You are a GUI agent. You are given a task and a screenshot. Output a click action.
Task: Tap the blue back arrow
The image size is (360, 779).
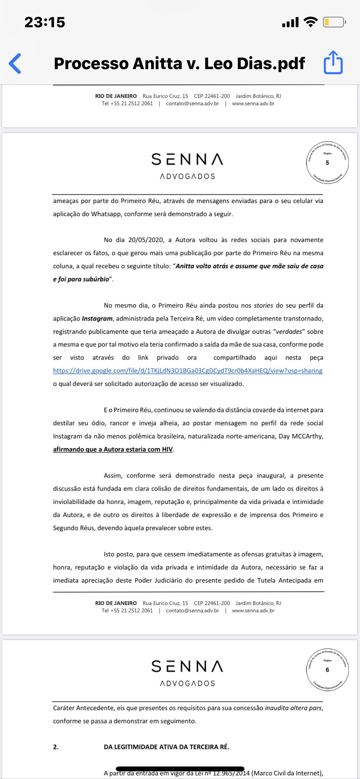click(15, 63)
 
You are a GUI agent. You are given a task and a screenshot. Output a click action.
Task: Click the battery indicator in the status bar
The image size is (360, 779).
click(334, 22)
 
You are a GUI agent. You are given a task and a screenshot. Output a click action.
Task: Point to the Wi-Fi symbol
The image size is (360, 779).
click(311, 22)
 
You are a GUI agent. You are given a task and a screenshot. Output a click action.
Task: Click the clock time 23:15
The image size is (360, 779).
click(45, 22)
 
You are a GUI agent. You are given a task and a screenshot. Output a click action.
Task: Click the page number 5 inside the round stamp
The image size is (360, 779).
click(327, 163)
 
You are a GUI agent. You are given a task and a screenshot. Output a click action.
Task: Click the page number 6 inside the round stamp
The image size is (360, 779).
click(327, 670)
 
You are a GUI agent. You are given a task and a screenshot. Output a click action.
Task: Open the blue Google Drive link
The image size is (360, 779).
click(188, 370)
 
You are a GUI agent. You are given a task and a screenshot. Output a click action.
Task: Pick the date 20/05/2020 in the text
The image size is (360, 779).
click(146, 240)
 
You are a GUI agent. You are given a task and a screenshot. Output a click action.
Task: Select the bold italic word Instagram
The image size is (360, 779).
click(97, 319)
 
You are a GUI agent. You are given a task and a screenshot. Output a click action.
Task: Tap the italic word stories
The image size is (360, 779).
click(263, 305)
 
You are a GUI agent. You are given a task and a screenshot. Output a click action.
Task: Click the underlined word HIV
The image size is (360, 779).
click(167, 450)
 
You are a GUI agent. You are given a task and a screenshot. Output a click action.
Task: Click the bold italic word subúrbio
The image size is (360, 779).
click(96, 279)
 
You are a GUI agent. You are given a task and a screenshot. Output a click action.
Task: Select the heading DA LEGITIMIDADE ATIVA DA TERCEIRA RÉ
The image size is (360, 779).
click(166, 747)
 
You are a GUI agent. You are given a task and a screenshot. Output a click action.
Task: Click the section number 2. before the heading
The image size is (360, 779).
click(56, 747)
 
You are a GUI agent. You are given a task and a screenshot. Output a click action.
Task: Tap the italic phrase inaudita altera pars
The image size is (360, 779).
click(293, 708)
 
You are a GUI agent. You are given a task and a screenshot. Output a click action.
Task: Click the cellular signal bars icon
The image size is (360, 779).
click(290, 23)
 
